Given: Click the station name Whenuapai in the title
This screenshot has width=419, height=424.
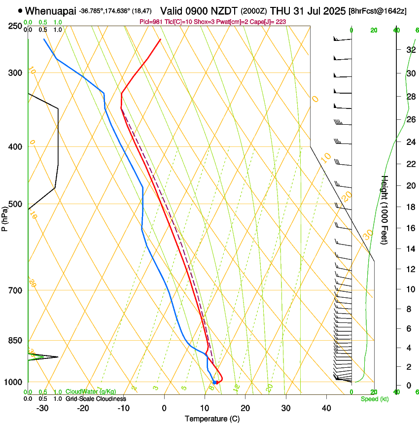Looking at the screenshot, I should pos(50,10).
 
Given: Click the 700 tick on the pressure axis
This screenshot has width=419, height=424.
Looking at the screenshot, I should pos(17,290).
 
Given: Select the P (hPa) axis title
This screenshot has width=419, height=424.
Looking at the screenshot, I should pos(5,217).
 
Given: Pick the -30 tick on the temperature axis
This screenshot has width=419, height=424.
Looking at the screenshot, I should pos(42,408).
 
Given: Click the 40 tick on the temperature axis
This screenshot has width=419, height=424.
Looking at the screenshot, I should pos(326,408).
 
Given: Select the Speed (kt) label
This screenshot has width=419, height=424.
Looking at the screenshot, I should pos(374,399).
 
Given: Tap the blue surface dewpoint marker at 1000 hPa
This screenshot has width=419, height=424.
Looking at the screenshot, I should pos(214,382).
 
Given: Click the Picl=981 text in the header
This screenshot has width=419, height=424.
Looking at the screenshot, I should pos(151,22).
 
